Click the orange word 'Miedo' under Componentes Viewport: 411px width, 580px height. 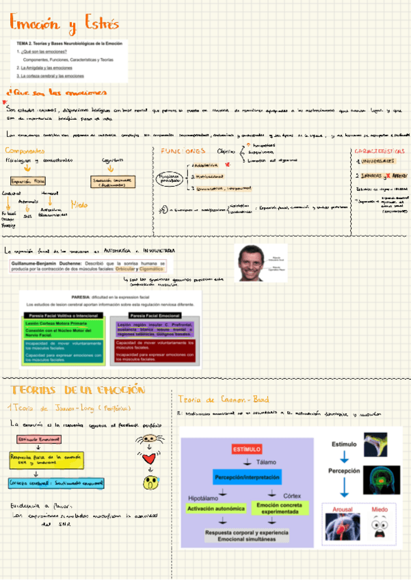[x=79, y=204]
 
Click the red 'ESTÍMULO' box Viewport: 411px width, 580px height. [x=247, y=449]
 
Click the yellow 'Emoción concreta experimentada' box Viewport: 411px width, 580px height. [x=278, y=508]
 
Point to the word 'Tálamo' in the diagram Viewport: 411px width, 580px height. [x=267, y=462]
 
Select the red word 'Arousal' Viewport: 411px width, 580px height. [x=343, y=510]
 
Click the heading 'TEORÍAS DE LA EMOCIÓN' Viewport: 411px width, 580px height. [x=77, y=390]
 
